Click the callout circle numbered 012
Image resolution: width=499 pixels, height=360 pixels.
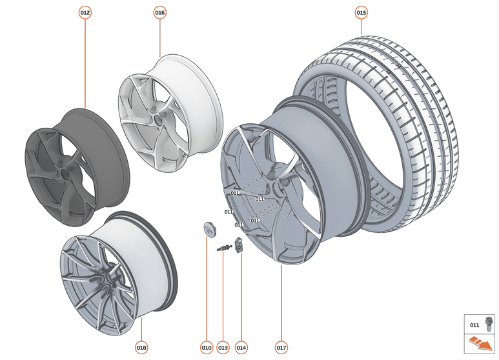85,13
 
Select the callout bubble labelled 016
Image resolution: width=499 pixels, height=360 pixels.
160,13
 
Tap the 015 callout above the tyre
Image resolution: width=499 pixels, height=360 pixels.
362,13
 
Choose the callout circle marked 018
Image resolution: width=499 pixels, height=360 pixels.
141,348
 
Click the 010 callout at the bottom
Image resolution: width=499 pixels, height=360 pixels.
207,348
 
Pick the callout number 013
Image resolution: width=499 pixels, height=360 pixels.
223,348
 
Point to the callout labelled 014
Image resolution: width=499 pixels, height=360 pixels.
241,348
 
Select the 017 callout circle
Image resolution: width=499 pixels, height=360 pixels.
281,348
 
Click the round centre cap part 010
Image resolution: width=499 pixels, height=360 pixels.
207,228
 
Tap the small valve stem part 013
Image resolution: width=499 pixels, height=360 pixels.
224,248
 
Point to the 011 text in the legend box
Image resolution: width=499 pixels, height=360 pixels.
474,325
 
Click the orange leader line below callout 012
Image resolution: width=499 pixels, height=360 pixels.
85,65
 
